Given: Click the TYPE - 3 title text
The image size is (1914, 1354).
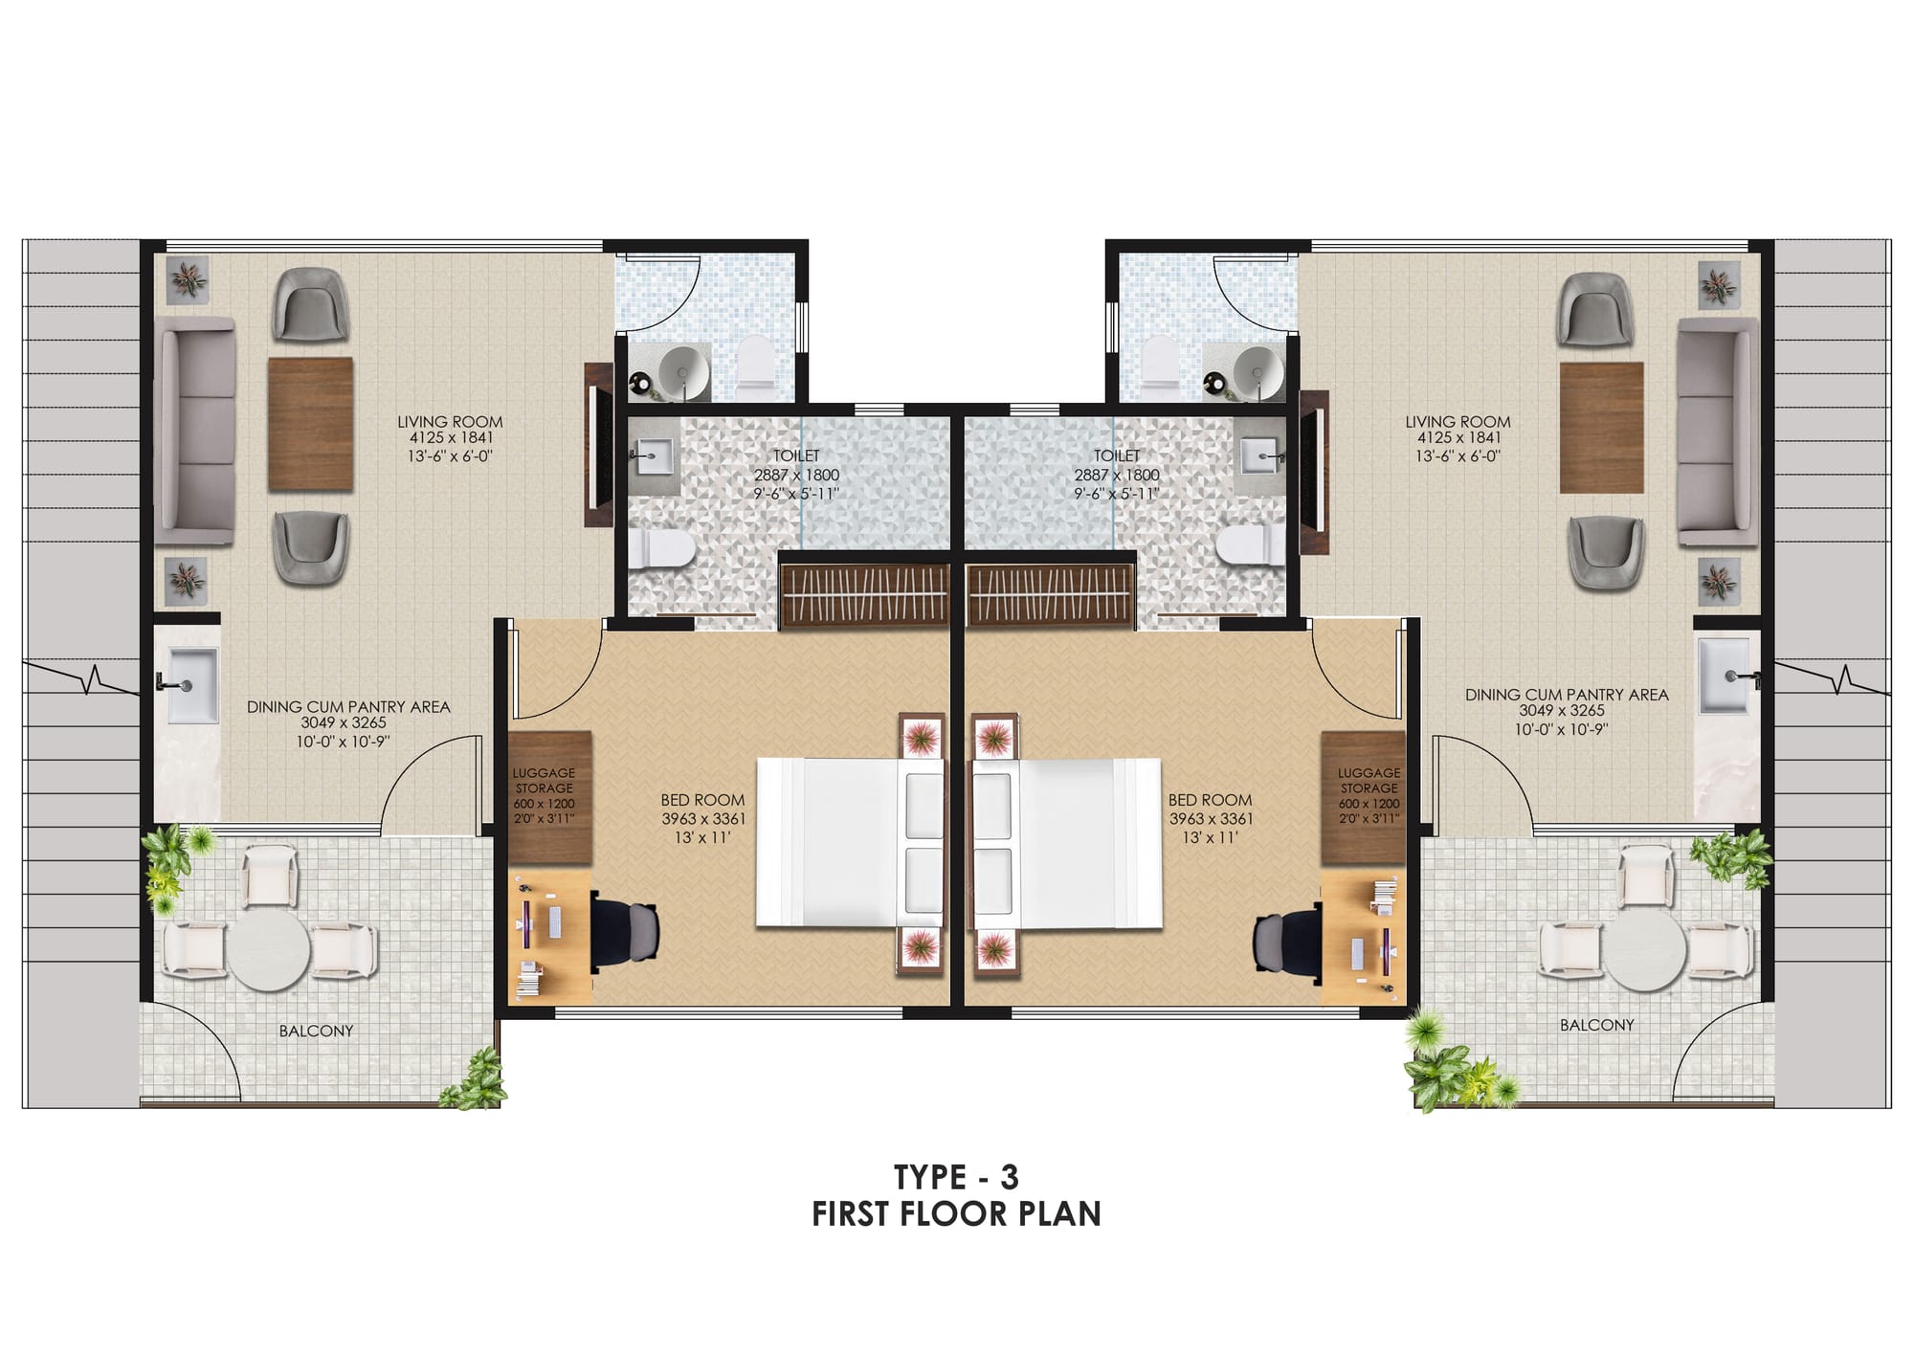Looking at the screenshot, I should pyautogui.click(x=956, y=1175).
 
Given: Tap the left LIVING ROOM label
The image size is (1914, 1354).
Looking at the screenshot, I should pyautogui.click(x=450, y=421).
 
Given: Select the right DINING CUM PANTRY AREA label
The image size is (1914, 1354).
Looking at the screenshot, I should pyautogui.click(x=1566, y=695).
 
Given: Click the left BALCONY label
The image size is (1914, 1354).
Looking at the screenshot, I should pyautogui.click(x=316, y=1031).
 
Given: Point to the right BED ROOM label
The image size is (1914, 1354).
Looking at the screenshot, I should pyautogui.click(x=1210, y=800).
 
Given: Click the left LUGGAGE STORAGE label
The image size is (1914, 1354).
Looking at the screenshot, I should pyautogui.click(x=544, y=780).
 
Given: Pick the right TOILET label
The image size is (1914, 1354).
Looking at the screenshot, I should pyautogui.click(x=1117, y=456).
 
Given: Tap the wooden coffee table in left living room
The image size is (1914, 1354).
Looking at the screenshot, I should pyautogui.click(x=310, y=424).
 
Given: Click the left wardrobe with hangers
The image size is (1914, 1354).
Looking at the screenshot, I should pyautogui.click(x=865, y=595).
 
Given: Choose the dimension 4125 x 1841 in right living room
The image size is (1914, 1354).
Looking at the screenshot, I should pyautogui.click(x=1458, y=438).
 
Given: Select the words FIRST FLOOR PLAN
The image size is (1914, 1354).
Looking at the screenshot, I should pyautogui.click(x=956, y=1214).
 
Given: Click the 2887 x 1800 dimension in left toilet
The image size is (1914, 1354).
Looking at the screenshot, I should pyautogui.click(x=796, y=475).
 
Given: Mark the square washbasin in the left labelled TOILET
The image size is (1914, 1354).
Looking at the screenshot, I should pyautogui.click(x=655, y=455).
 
